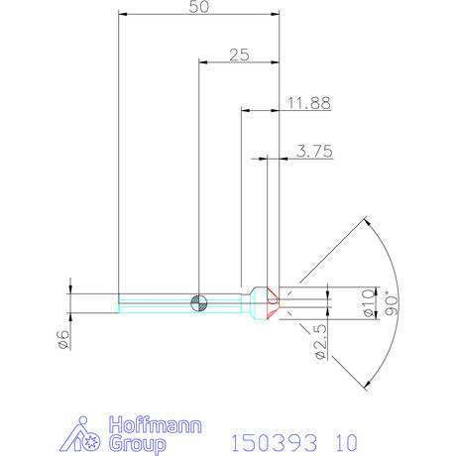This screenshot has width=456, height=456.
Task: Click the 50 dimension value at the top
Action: pos(199,7)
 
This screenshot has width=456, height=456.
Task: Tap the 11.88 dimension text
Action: pos(309,102)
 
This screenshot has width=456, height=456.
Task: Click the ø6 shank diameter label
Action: pos(62,338)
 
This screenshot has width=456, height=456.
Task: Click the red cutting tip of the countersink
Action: pos(275,298)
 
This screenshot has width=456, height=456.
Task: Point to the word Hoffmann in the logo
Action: pos(157,423)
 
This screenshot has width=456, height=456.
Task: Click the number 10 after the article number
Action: pos(343,439)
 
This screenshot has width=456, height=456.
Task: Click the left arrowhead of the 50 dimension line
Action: pos(124,15)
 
